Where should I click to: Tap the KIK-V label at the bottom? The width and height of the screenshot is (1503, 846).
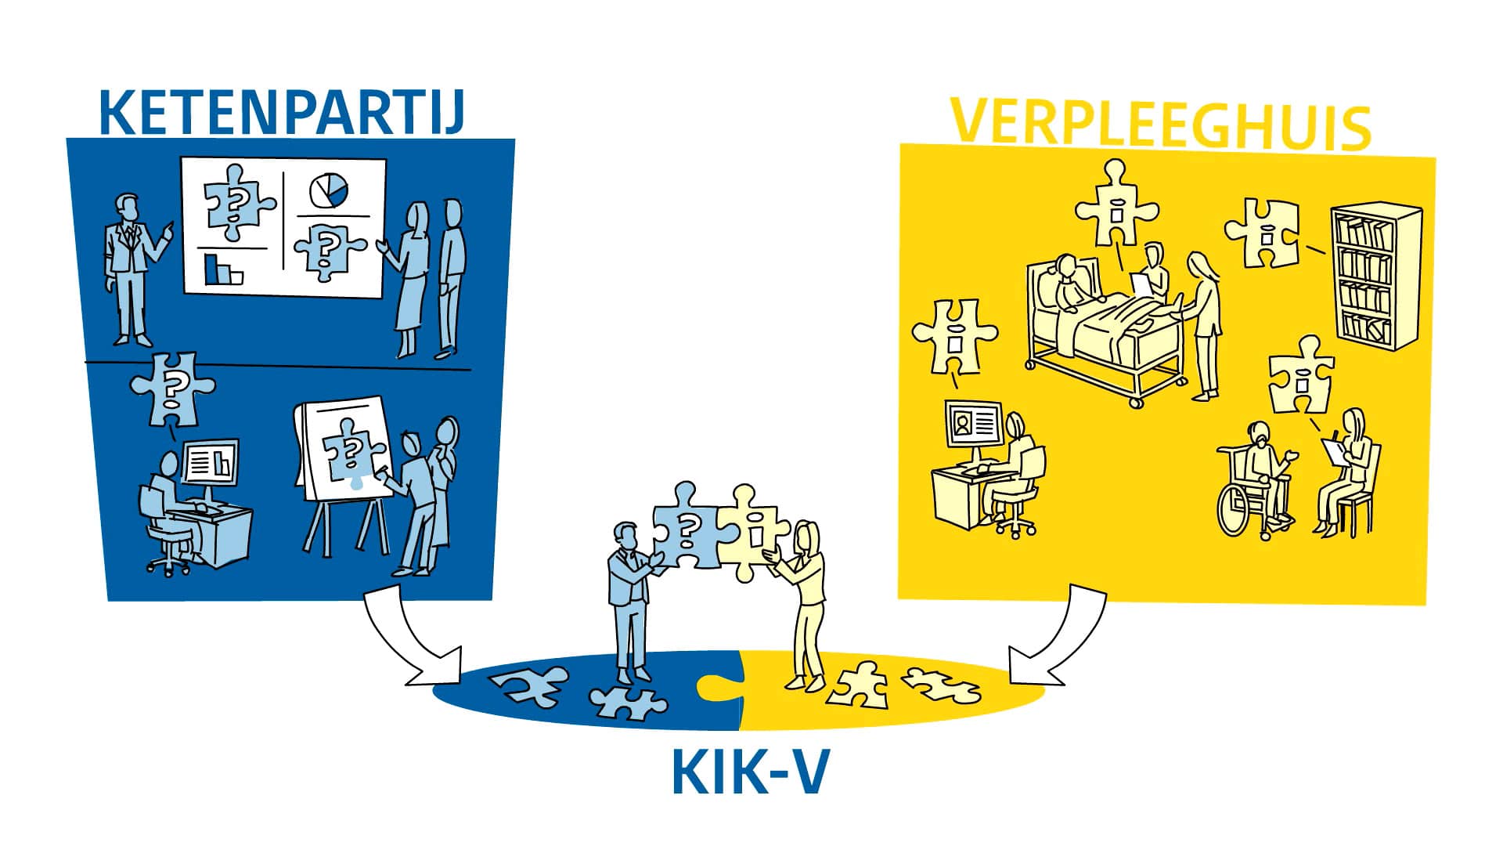pos(749,772)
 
